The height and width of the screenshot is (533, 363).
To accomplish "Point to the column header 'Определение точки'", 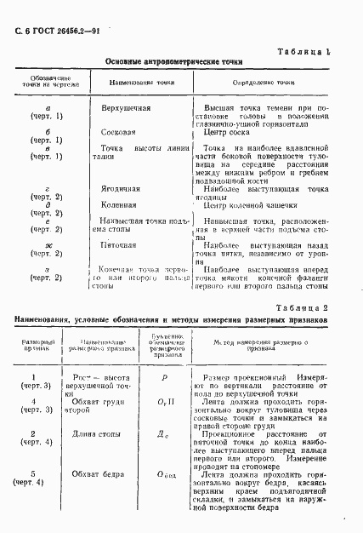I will [258, 83].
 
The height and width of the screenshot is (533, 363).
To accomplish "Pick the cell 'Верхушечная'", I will [127, 110].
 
